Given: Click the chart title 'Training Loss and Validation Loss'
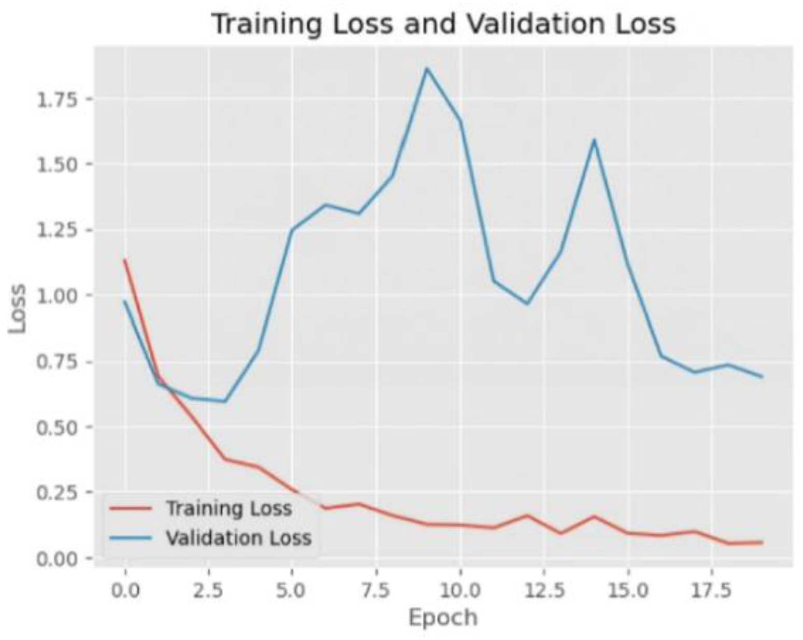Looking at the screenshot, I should tap(444, 24).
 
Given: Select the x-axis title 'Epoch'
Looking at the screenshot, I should tap(443, 618).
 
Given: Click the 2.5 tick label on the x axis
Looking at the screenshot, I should tap(209, 590).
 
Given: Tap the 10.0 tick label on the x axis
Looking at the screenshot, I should tap(460, 590).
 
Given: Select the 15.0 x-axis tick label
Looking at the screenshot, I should tap(628, 590).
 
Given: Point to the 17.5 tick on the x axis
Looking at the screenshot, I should tap(712, 590).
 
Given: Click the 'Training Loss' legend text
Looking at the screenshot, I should tap(229, 509).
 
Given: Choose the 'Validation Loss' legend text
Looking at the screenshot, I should tap(238, 538).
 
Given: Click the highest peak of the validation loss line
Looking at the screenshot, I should tap(427, 68).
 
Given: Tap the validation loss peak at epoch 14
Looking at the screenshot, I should tap(594, 140).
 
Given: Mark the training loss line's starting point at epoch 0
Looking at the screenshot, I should tap(125, 260).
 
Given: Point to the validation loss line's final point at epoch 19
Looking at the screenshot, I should tap(762, 377).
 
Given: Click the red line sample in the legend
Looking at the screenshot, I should tap(131, 509).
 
